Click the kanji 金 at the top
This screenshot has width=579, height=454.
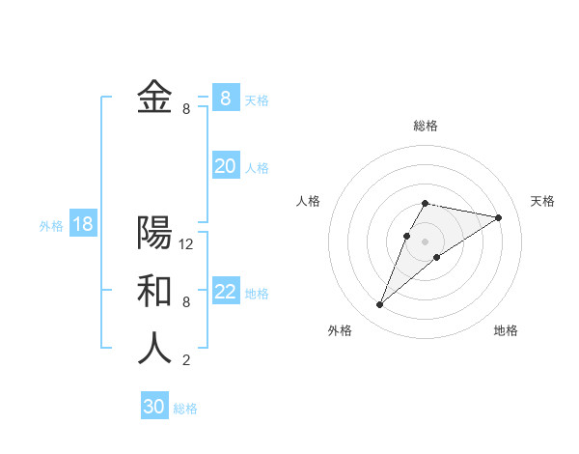(154, 98)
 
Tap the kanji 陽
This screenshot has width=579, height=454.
(154, 233)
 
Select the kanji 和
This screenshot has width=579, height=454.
(154, 291)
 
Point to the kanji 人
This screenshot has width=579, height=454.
(154, 349)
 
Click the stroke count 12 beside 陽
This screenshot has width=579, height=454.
(186, 244)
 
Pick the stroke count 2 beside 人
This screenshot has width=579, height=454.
(186, 360)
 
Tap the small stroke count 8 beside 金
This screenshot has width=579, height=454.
(186, 109)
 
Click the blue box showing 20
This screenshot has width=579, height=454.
(226, 166)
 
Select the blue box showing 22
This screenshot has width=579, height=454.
(226, 292)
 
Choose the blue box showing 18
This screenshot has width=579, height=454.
(83, 225)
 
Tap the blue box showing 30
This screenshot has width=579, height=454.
(154, 407)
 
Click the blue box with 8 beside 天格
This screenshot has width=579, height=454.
(226, 98)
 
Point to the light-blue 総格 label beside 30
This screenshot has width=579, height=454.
(185, 409)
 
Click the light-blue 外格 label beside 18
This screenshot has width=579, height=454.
(51, 226)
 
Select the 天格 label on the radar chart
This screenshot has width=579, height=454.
(542, 201)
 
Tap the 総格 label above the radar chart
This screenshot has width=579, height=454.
(425, 126)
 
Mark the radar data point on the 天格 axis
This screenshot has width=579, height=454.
(498, 217)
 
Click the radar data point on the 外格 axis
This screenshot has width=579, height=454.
(379, 305)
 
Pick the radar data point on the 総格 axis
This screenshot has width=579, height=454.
(425, 204)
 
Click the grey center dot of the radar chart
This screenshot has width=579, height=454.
(425, 241)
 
